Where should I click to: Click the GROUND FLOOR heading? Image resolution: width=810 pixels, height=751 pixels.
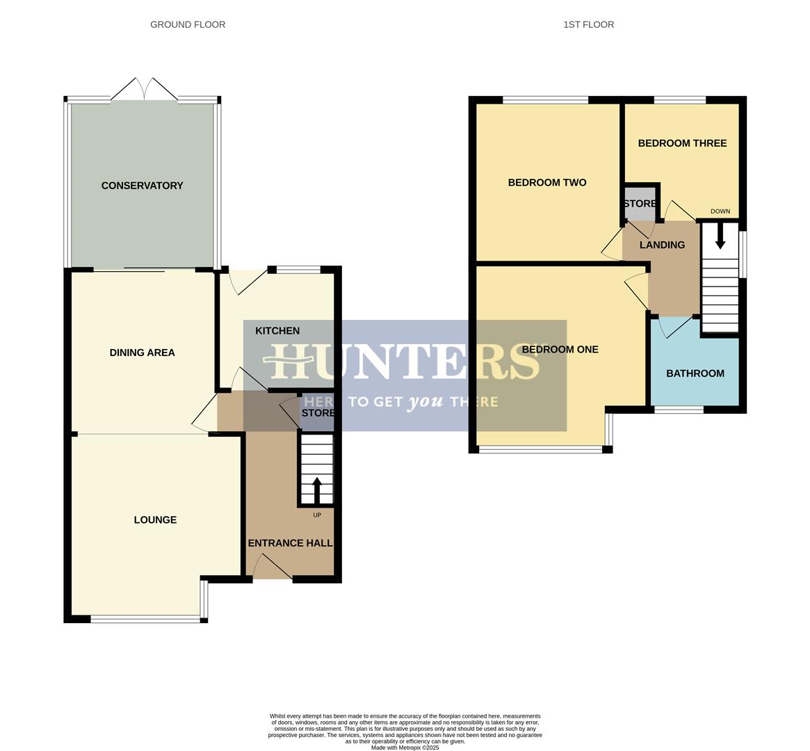tap(188, 24)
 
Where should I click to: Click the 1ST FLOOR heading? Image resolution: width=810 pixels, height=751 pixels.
tap(588, 24)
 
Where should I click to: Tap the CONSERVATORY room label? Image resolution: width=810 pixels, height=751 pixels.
tap(142, 186)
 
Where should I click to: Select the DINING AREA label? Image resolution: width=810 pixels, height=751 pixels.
tap(142, 353)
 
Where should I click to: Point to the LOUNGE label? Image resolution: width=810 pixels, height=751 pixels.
tap(155, 519)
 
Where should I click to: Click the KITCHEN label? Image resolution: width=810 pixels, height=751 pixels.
tap(277, 331)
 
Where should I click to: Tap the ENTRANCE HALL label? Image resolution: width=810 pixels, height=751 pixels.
tap(290, 543)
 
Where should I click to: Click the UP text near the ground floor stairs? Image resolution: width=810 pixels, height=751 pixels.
tap(317, 515)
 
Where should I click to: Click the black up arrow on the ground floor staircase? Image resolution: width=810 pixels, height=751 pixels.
tap(317, 490)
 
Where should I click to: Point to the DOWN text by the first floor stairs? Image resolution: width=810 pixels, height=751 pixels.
tap(720, 211)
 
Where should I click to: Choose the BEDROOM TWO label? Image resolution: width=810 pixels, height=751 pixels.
tap(547, 183)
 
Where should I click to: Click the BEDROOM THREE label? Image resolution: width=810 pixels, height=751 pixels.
tap(682, 143)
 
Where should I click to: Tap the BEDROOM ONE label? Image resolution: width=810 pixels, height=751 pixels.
tap(560, 350)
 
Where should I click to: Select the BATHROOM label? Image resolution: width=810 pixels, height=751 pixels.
tap(695, 373)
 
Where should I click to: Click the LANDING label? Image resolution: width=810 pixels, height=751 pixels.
tap(662, 245)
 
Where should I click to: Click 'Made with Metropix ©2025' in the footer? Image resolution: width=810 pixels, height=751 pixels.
tap(405, 748)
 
